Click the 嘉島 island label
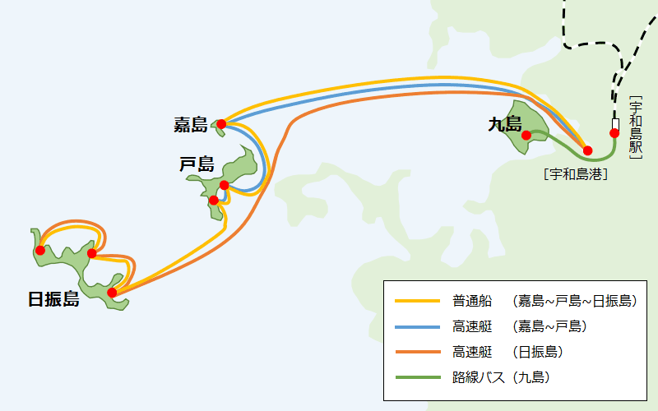pyautogui.click(x=191, y=125)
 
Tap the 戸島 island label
pyautogui.click(x=197, y=164)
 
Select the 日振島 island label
pyautogui.click(x=53, y=300)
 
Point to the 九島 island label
pyautogui.click(x=504, y=124)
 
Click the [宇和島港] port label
pyautogui.click(x=575, y=173)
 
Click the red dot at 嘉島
pyautogui.click(x=221, y=124)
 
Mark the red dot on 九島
pyautogui.click(x=526, y=136)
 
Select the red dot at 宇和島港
pyautogui.click(x=587, y=150)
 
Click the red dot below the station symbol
pyautogui.click(x=614, y=133)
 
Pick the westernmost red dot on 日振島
pyautogui.click(x=39, y=250)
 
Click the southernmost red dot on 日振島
pyautogui.click(x=112, y=292)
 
